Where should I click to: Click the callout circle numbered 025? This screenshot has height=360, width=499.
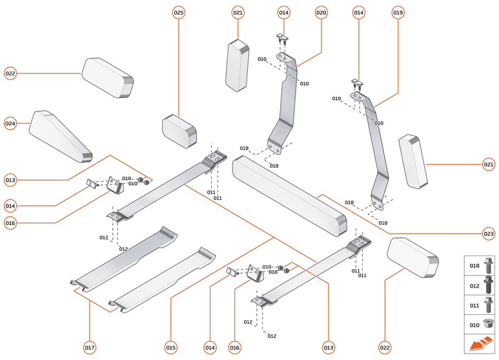click(x=179, y=12)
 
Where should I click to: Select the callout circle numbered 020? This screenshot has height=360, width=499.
click(x=321, y=12)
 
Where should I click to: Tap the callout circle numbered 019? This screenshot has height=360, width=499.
click(x=398, y=12)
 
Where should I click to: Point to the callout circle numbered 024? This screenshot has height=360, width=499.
click(x=10, y=123)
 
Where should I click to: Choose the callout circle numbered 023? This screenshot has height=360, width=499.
click(x=489, y=233)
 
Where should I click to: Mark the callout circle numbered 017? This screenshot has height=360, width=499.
click(x=90, y=348)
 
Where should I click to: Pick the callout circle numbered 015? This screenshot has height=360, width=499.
click(x=170, y=348)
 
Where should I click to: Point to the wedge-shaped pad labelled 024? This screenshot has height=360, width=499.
click(x=59, y=135)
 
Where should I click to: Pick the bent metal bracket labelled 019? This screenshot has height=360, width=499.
click(x=377, y=148)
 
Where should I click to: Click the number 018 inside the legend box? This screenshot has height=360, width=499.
click(x=474, y=265)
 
